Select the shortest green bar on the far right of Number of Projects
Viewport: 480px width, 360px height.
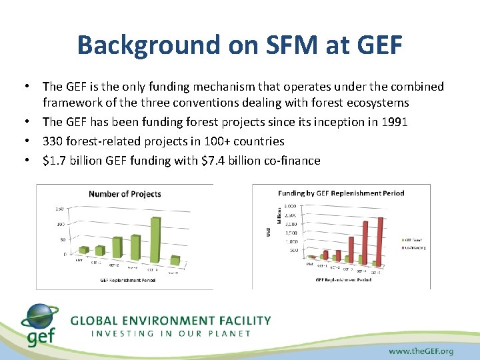pos(175,260)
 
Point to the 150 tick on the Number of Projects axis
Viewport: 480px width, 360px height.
pos(59,209)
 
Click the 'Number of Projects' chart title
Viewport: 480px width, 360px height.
pos(125,194)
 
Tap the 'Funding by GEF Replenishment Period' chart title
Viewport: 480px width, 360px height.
pos(341,193)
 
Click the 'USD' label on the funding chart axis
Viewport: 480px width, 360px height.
pos(269,230)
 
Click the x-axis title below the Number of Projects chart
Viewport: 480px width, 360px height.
pos(127,280)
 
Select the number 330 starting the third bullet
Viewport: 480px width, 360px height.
pos(52,141)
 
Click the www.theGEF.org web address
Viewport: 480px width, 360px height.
pos(421,350)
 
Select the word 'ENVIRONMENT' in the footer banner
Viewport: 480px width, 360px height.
pos(167,321)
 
